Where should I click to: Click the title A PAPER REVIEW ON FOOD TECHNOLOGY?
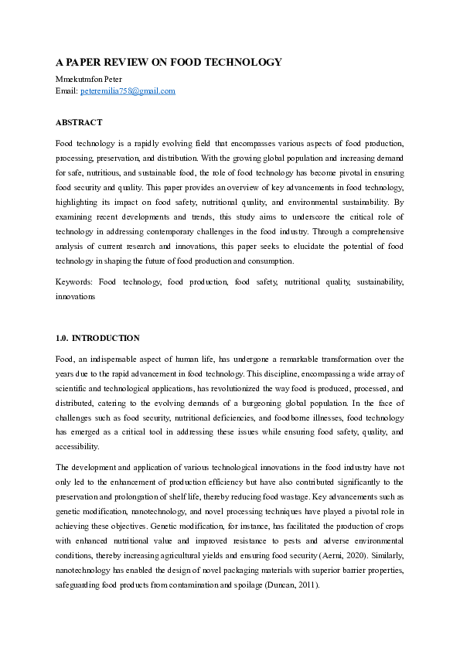pyautogui.click(x=169, y=62)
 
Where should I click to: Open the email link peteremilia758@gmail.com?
pyautogui.click(x=128, y=91)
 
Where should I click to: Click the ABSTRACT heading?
pyautogui.click(x=79, y=122)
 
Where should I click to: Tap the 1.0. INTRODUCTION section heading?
pyautogui.click(x=97, y=338)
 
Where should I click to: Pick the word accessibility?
pyautogui.click(x=77, y=446)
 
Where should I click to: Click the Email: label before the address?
pyautogui.click(x=66, y=91)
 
